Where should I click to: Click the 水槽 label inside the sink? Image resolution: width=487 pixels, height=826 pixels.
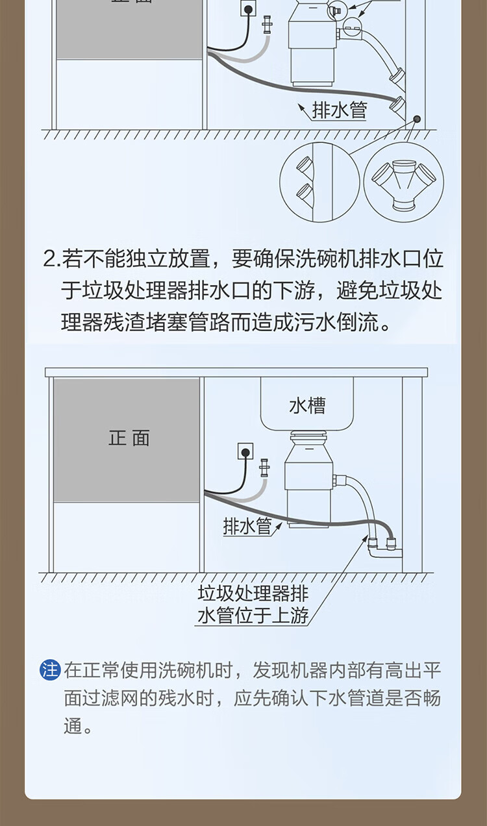click(x=307, y=406)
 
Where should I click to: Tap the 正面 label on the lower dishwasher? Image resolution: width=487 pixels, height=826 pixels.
click(x=129, y=438)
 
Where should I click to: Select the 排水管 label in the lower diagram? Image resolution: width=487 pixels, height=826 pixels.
click(x=247, y=526)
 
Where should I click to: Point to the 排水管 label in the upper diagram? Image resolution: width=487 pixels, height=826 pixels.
click(x=340, y=110)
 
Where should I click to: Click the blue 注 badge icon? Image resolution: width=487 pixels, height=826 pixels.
click(x=50, y=670)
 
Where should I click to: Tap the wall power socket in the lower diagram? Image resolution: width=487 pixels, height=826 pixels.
click(x=245, y=451)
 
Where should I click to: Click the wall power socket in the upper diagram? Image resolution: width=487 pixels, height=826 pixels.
click(x=248, y=8)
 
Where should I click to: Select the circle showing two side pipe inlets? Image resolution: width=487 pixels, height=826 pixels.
click(x=319, y=182)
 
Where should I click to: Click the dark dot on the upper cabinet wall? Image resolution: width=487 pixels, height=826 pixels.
click(x=417, y=119)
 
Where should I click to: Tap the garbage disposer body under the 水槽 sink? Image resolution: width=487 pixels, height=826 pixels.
click(x=309, y=479)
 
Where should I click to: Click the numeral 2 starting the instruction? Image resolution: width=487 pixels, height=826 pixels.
click(x=49, y=259)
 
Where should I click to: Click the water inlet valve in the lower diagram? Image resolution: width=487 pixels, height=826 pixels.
click(x=264, y=468)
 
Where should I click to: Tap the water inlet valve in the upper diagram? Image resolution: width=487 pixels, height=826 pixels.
click(x=266, y=25)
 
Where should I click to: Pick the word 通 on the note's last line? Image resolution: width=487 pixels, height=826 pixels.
click(x=73, y=727)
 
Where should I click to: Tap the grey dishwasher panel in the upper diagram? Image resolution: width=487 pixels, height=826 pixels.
click(x=129, y=29)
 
